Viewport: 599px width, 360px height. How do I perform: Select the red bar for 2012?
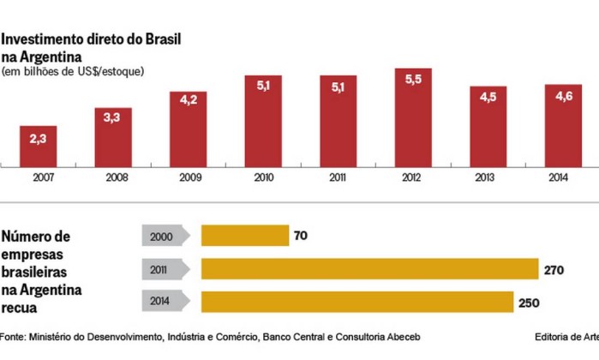pyautogui.click(x=413, y=118)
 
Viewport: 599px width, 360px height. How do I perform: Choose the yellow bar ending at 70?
pyautogui.click(x=245, y=236)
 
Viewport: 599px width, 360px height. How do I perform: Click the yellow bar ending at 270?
pyautogui.click(x=369, y=269)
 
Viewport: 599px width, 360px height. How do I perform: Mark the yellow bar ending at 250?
pyautogui.click(x=356, y=302)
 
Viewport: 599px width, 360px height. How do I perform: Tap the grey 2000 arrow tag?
pyautogui.click(x=164, y=236)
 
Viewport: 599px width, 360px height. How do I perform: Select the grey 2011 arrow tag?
pyautogui.click(x=164, y=269)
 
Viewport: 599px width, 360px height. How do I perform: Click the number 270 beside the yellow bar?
pyautogui.click(x=554, y=269)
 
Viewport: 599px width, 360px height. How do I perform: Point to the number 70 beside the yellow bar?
pyautogui.click(x=301, y=236)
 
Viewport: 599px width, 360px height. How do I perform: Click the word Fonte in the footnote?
pyautogui.click(x=12, y=336)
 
